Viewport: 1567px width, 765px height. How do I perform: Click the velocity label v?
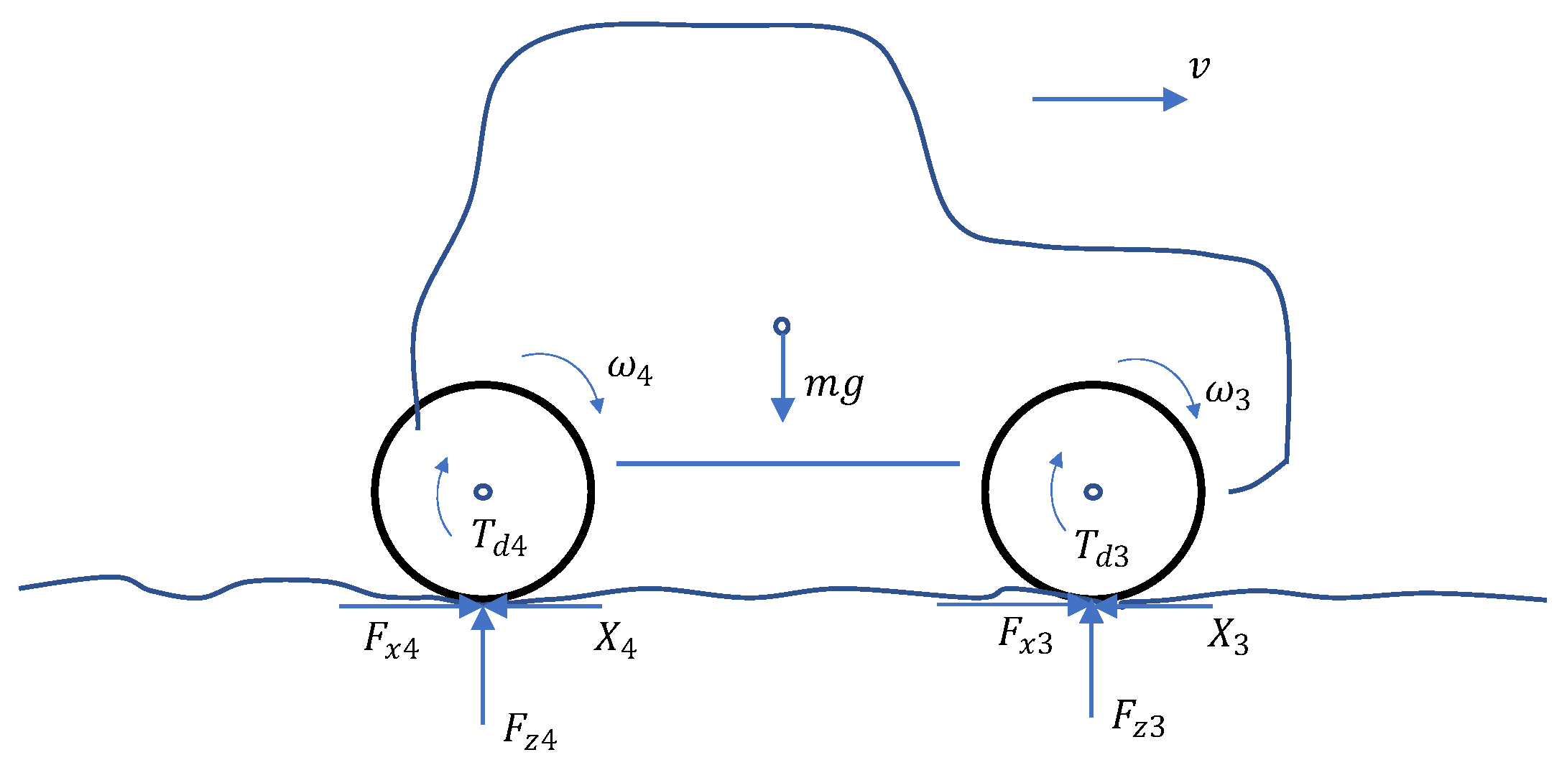click(x=1198, y=68)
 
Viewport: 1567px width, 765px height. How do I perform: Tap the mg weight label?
click(x=833, y=386)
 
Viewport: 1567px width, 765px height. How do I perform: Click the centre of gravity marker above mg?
click(x=782, y=326)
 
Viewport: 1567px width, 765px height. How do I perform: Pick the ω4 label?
click(x=630, y=369)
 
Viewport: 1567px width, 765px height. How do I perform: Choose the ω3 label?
click(x=1228, y=394)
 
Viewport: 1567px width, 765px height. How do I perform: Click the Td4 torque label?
click(x=499, y=537)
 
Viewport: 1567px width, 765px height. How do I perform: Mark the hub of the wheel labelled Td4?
click(x=484, y=491)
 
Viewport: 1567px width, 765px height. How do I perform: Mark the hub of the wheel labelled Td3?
click(x=1093, y=491)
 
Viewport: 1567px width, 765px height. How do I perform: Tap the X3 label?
click(x=1228, y=636)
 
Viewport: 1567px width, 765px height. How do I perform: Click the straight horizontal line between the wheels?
click(x=787, y=463)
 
